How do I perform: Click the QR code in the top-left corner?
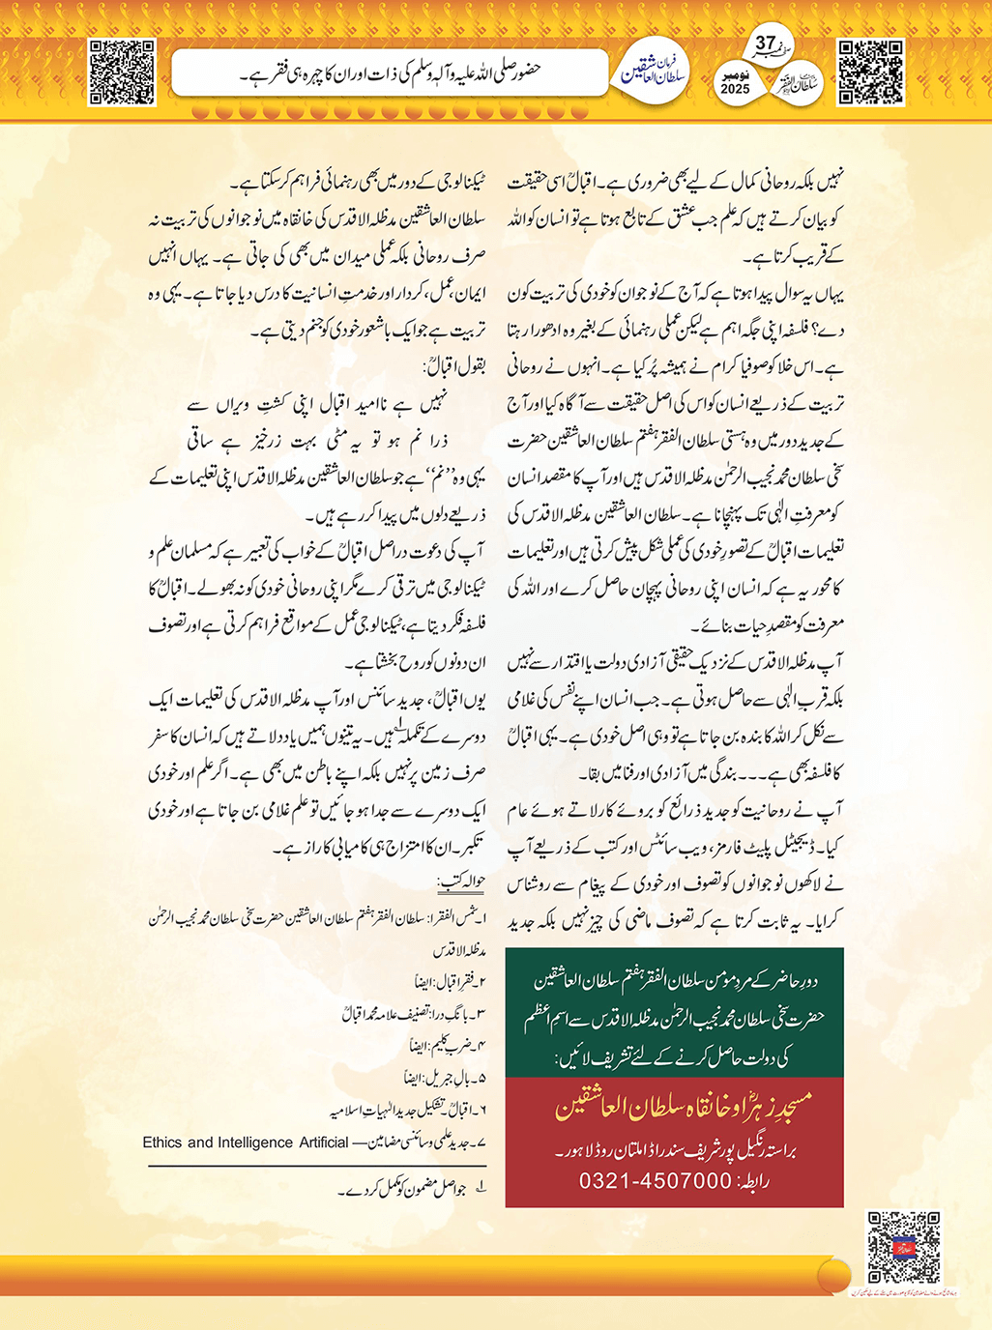[122, 72]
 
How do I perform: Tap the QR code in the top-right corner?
[870, 72]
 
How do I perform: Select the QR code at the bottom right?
[903, 1247]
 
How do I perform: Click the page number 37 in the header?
[766, 43]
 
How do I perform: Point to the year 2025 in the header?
[735, 89]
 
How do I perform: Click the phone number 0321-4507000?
[655, 1181]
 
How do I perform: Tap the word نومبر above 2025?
[735, 73]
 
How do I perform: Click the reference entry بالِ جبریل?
[448, 1077]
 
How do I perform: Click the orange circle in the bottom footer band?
[833, 1274]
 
